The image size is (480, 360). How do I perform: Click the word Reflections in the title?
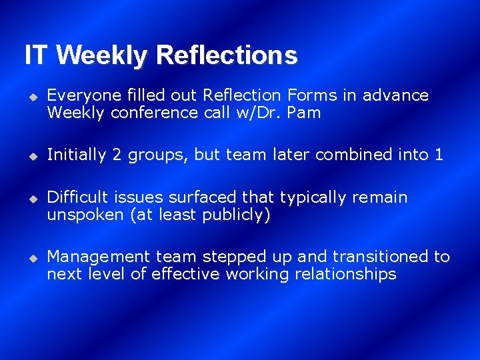[x=226, y=55]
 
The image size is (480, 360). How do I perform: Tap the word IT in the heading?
[x=37, y=55]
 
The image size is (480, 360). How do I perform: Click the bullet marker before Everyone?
[x=31, y=97]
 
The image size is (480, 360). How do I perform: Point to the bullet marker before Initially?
[x=31, y=156]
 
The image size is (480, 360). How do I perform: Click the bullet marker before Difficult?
[x=31, y=199]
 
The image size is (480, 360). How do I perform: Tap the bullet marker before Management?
[x=31, y=257]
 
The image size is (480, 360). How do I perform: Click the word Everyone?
[x=77, y=95]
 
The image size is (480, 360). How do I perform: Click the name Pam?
[x=305, y=113]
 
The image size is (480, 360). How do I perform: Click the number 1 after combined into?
[x=438, y=155]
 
